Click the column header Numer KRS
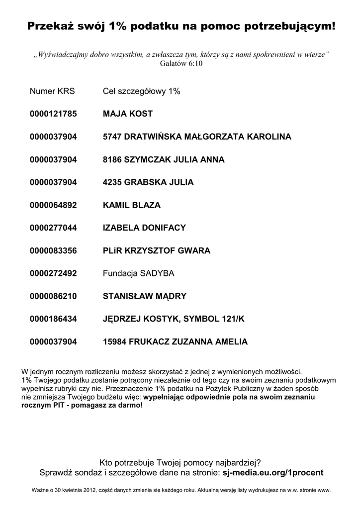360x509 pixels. click(52, 91)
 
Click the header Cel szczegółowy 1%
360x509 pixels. click(141, 91)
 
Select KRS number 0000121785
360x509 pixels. click(53, 114)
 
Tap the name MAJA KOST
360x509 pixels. click(128, 114)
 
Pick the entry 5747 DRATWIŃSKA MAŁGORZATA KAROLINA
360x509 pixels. click(197, 137)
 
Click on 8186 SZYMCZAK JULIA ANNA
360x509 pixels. click(164, 160)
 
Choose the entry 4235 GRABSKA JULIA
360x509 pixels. click(148, 182)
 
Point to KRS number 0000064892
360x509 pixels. click(53, 205)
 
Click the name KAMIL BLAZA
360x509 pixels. click(132, 205)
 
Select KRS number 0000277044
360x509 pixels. click(53, 228)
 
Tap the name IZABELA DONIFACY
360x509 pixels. click(144, 228)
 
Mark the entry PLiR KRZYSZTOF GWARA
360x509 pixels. click(157, 251)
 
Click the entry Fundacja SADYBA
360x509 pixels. click(139, 274)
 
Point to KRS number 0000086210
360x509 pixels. click(53, 297)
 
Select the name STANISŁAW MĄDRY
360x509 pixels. click(145, 297)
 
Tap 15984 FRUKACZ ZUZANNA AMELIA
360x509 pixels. click(175, 342)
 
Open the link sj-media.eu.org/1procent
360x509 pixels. click(273, 472)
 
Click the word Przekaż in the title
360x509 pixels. click(48, 26)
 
